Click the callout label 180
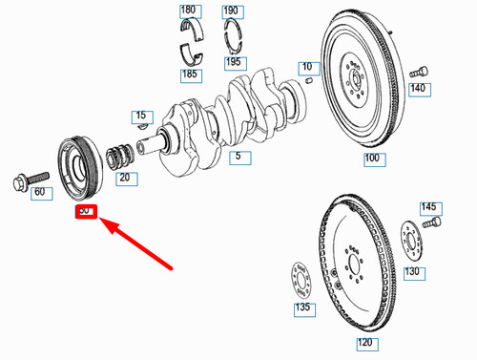click(x=188, y=11)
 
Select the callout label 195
click(x=233, y=62)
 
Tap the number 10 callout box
click(x=305, y=68)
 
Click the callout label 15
click(x=141, y=116)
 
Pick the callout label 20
click(x=125, y=177)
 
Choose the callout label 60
click(x=39, y=192)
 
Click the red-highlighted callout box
click(x=85, y=209)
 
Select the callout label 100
click(x=372, y=158)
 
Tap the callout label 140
click(x=418, y=89)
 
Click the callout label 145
click(x=429, y=207)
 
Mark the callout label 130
click(x=412, y=271)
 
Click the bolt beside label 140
click(x=417, y=72)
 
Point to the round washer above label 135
click(x=300, y=280)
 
